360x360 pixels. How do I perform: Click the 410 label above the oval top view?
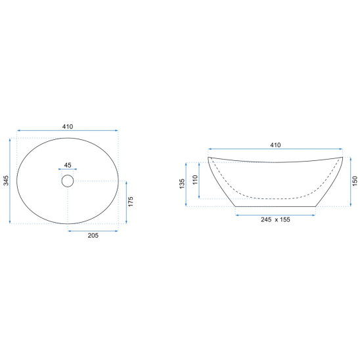point(68,127)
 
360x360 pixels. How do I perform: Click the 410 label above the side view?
point(275,145)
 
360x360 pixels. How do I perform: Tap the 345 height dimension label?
point(6,181)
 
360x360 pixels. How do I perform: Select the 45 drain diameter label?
point(68,165)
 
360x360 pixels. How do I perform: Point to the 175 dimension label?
point(131,202)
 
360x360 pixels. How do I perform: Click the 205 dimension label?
point(93,236)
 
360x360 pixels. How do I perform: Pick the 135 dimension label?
point(182,184)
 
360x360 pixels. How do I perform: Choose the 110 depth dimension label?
point(195,180)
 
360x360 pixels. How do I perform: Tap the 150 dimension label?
point(355,181)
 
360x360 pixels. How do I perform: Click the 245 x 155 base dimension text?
point(275,219)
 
